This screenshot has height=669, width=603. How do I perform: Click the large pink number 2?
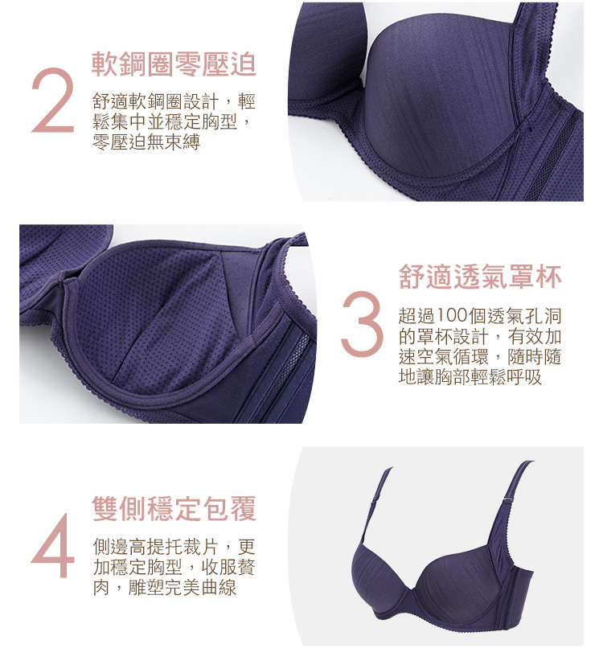click(53, 100)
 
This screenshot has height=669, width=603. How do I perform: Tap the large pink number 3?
click(362, 323)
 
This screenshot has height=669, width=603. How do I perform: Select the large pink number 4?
click(53, 545)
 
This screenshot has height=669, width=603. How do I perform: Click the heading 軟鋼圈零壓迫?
click(174, 65)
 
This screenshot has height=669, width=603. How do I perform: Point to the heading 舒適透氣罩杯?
click(480, 277)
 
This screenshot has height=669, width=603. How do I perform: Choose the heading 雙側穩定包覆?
click(174, 508)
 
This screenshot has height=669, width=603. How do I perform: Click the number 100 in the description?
click(451, 316)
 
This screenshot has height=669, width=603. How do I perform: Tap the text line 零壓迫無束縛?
click(146, 142)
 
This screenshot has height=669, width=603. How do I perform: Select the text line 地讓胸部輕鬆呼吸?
click(470, 377)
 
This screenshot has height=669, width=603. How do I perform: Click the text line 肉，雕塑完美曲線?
click(164, 588)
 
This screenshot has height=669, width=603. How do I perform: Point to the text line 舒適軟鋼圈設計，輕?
click(174, 102)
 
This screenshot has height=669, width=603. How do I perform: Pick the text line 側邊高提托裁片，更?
click(174, 547)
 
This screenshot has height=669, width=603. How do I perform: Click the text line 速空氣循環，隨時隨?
click(480, 357)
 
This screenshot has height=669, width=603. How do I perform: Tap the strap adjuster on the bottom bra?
click(510, 499)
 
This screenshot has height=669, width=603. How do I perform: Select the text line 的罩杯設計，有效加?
click(480, 337)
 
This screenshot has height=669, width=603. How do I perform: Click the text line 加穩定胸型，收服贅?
click(174, 568)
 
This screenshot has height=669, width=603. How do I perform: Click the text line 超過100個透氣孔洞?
click(480, 316)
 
